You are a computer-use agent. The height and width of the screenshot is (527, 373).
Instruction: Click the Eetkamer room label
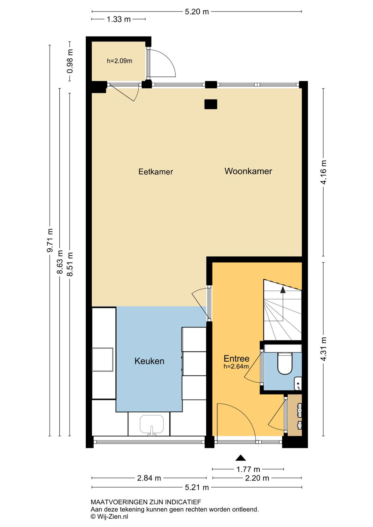tap(156, 172)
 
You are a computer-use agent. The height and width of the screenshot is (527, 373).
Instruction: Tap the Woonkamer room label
tap(248, 171)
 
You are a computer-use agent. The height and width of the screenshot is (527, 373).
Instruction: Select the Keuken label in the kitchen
tap(149, 361)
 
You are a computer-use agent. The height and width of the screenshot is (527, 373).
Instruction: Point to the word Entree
tap(236, 359)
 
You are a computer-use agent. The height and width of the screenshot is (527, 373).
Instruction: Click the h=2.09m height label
tap(120, 61)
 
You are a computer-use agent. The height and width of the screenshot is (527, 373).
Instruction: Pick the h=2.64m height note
tap(236, 366)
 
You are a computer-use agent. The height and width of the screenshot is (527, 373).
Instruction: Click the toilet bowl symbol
tap(285, 364)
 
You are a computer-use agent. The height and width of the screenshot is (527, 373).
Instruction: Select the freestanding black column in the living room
tap(211, 104)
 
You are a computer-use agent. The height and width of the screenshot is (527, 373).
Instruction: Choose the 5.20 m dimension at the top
tap(197, 12)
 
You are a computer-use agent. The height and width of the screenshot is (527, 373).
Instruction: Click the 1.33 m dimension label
tap(119, 19)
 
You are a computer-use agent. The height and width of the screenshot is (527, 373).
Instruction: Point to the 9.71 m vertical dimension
tap(50, 240)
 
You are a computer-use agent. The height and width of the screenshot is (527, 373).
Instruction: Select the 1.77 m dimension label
tap(248, 469)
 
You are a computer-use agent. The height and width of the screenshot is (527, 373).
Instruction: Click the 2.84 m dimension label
tap(149, 478)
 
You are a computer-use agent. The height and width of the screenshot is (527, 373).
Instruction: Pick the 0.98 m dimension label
tap(70, 61)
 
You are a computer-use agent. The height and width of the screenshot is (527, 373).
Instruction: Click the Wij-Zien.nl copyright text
tap(109, 516)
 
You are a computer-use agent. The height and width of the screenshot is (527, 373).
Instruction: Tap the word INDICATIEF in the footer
tap(183, 502)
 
